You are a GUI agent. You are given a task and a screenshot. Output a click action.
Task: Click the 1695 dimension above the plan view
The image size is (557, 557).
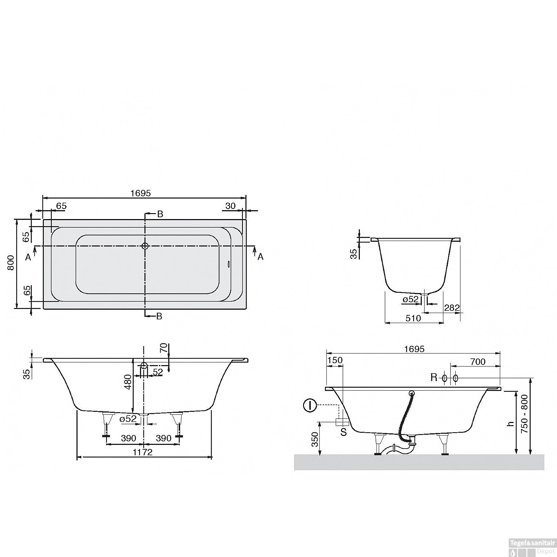pyautogui.click(x=141, y=193)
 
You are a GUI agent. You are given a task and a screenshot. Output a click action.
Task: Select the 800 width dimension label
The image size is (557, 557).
pyautogui.click(x=11, y=263)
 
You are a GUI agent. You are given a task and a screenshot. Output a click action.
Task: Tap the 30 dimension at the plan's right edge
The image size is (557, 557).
pyautogui.click(x=231, y=206)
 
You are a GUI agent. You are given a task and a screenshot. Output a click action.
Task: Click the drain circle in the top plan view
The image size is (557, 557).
pyautogui.click(x=145, y=246)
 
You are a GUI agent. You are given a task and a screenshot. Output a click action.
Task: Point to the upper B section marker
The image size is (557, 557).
pyautogui.click(x=160, y=214)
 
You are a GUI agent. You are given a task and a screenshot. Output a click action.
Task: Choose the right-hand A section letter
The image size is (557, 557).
pyautogui.click(x=260, y=257)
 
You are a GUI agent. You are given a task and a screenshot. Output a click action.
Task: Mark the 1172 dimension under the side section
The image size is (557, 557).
pyautogui.click(x=143, y=452)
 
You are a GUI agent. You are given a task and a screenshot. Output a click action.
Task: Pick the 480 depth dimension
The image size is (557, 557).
pyautogui.click(x=127, y=382)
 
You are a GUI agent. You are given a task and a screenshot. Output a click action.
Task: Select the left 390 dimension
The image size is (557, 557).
pyautogui.click(x=128, y=438)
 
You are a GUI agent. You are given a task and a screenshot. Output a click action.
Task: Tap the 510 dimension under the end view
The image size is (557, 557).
pyautogui.click(x=413, y=318)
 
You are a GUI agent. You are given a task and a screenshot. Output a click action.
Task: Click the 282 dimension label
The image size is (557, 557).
pyautogui.click(x=452, y=308)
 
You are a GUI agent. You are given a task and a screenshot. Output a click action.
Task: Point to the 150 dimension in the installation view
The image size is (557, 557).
pyautogui.click(x=335, y=360)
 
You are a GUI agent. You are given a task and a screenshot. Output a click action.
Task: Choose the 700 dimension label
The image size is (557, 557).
pyautogui.click(x=478, y=361)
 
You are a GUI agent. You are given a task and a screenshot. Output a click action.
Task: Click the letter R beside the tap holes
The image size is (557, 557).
pyautogui.click(x=434, y=378)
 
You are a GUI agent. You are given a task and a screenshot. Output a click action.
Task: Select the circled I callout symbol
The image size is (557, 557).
pyautogui.click(x=310, y=405)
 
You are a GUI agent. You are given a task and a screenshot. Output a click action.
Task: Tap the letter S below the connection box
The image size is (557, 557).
pyautogui.click(x=343, y=432)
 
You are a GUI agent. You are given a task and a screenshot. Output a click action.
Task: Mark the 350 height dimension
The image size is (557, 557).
pyautogui.click(x=315, y=439)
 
